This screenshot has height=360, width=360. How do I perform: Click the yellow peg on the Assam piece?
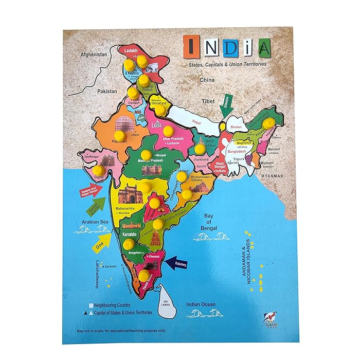point(267,122)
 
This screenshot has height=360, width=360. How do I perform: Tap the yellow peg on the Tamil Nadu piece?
point(143,275)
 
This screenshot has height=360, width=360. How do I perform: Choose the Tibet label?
point(208,101)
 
